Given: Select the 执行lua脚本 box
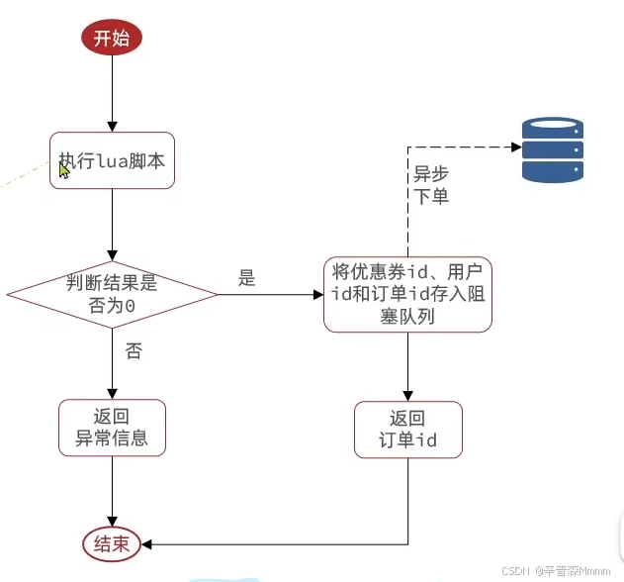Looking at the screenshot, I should [x=113, y=160].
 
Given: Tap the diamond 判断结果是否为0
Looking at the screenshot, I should [x=112, y=294].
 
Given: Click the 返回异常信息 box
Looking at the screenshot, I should [x=112, y=428].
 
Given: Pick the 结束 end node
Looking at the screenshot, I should [x=112, y=543].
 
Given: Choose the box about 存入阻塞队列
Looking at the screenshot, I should [x=407, y=294].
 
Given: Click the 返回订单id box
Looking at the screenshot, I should [x=407, y=430].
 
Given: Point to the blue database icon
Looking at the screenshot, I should [x=552, y=150].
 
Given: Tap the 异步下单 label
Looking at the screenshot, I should [x=430, y=184].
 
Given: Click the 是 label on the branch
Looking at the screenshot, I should [x=247, y=278].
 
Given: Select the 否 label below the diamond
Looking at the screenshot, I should [x=133, y=350].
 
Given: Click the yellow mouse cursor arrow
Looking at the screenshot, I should [x=64, y=170].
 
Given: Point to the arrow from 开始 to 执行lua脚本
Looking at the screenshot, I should [x=112, y=94].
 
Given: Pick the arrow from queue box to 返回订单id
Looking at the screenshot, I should [x=407, y=366].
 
